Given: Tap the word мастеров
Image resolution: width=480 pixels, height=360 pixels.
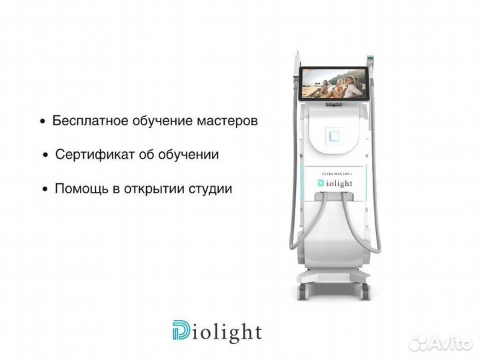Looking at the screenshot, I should click(x=227, y=122).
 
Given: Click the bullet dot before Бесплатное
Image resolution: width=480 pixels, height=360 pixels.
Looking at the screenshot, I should click(x=43, y=123).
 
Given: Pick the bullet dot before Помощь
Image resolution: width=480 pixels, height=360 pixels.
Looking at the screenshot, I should click(x=45, y=189).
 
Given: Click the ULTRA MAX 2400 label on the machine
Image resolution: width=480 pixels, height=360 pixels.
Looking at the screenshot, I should click(x=337, y=173).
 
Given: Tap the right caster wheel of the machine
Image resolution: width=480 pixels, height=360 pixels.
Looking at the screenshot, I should click(x=365, y=291).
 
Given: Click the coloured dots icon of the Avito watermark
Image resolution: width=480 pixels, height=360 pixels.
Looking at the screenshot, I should click(x=418, y=343).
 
